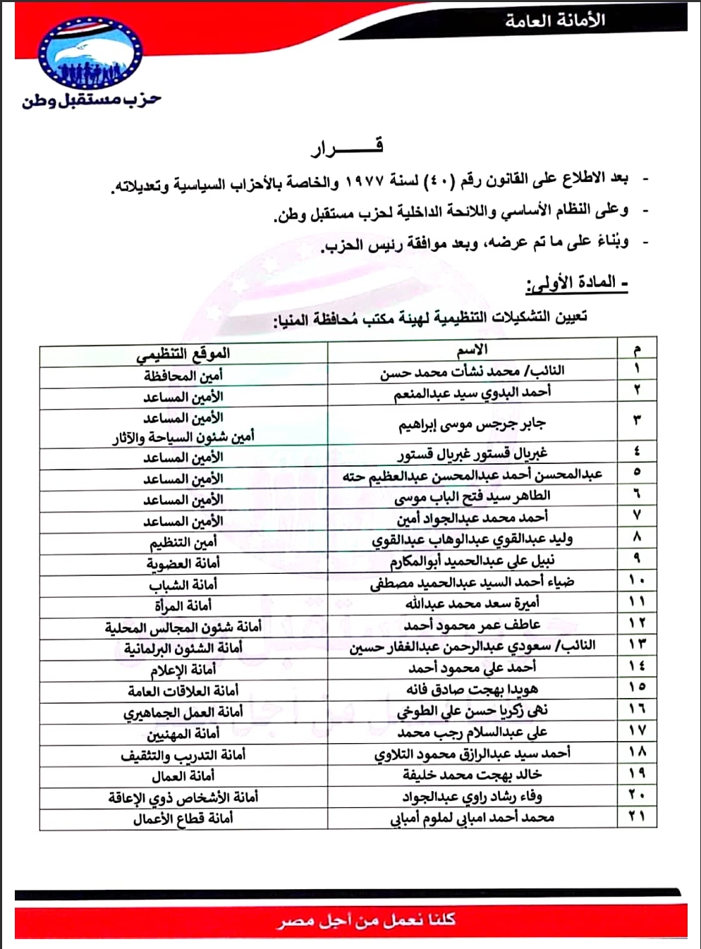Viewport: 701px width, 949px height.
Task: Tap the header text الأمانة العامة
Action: point(554,20)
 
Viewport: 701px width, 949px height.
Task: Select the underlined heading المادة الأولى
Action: point(577,283)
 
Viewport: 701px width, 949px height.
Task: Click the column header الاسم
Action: point(472,350)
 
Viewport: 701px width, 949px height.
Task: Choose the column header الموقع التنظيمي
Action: point(183,353)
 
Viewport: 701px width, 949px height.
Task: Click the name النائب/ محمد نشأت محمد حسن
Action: point(472,371)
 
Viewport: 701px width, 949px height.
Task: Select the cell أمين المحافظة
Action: point(183,375)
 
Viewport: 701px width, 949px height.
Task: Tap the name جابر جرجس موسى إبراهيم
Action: point(472,424)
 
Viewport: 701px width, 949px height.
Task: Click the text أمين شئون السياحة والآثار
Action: point(183,437)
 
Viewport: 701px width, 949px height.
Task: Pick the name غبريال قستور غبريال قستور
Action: point(472,453)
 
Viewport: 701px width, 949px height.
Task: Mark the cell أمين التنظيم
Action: point(183,542)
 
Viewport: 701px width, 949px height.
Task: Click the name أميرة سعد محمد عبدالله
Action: point(472,604)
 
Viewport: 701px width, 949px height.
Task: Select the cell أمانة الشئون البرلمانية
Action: point(183,648)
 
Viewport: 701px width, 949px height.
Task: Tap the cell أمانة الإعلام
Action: point(183,670)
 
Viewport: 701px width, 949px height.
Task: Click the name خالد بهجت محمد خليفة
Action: point(472,775)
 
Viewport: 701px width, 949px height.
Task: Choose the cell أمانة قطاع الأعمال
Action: point(183,819)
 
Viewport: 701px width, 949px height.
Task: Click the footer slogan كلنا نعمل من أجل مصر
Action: point(366,920)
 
